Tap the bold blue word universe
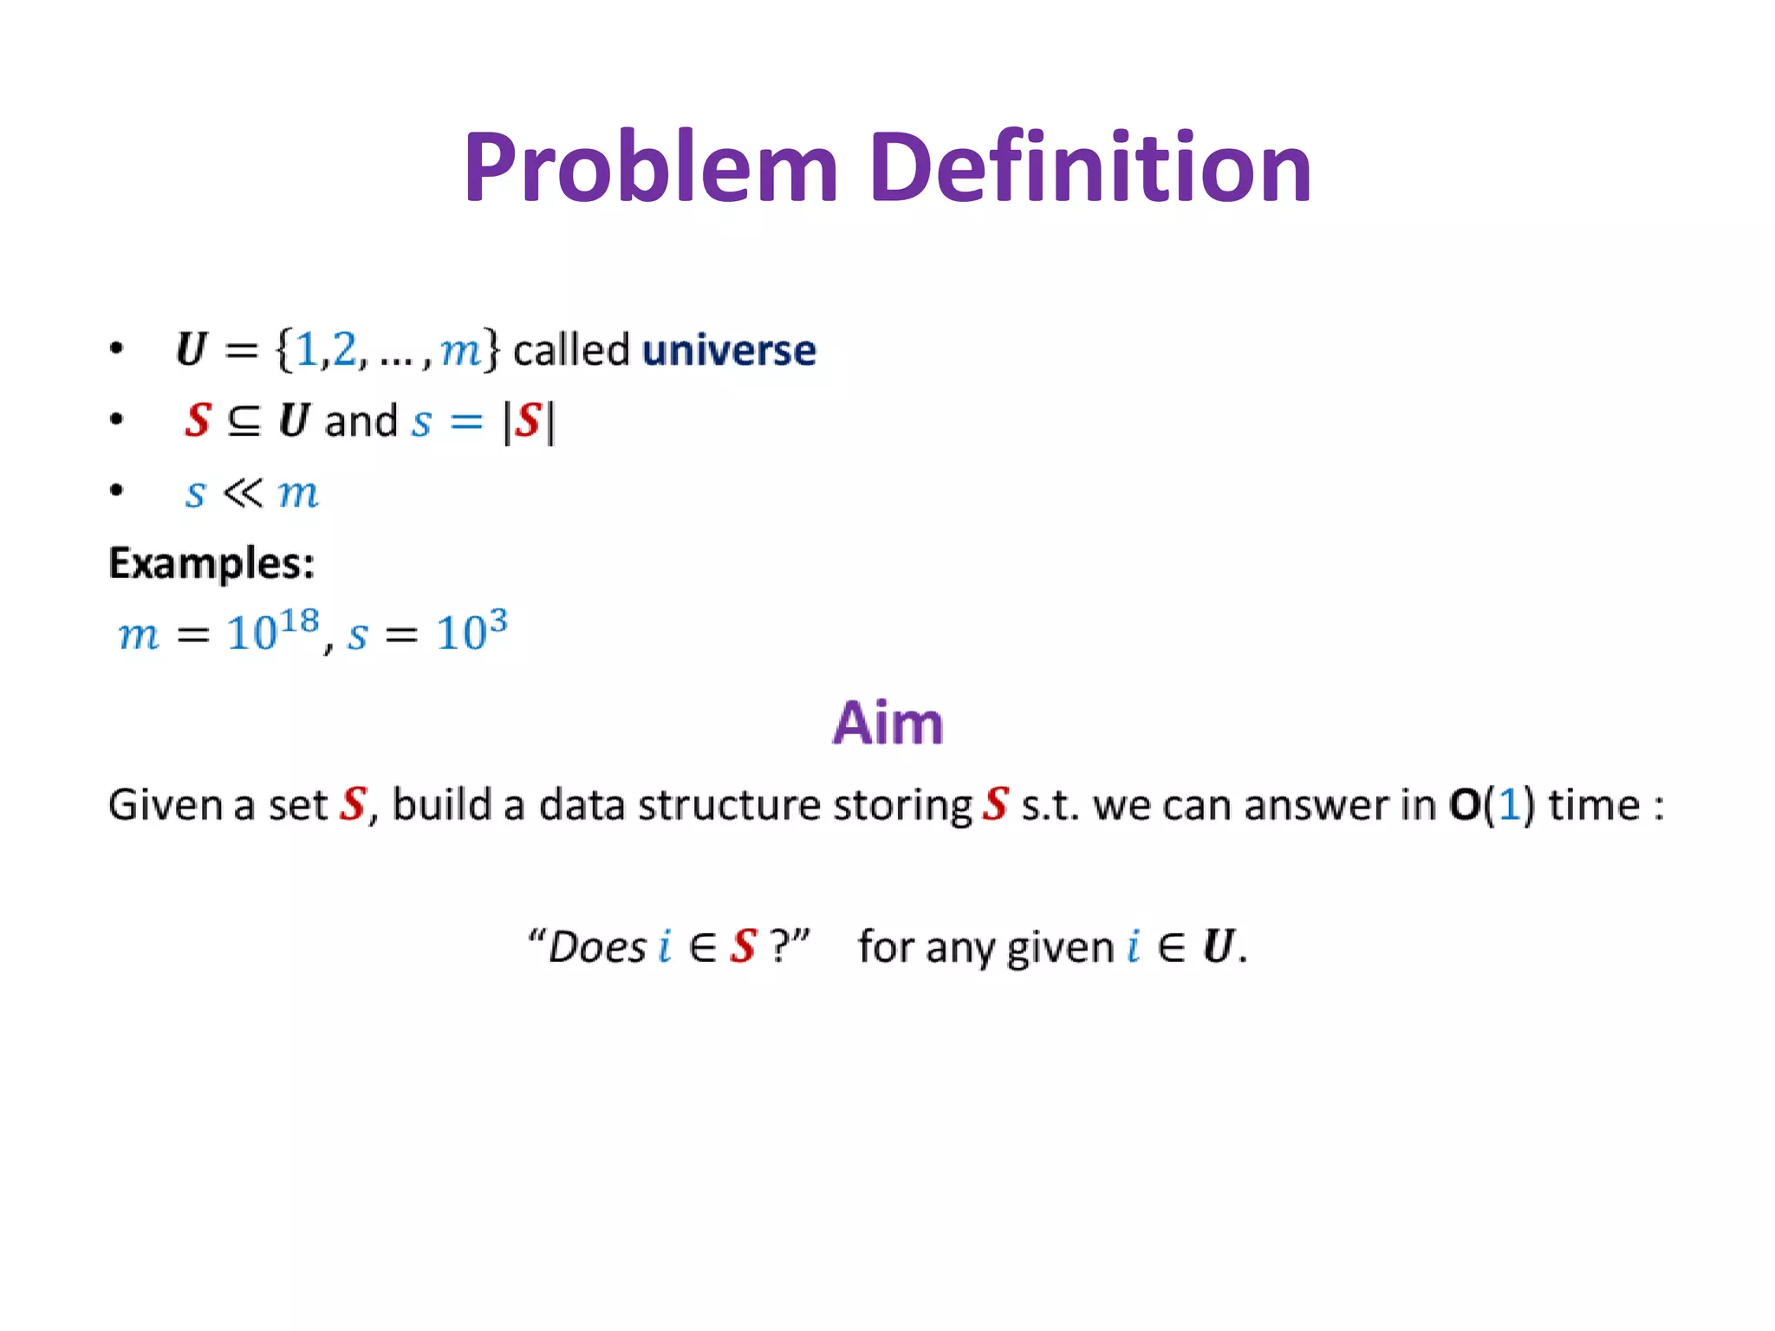click(x=729, y=351)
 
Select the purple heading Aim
click(x=887, y=723)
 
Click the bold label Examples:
click(x=211, y=564)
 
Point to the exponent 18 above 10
click(x=299, y=620)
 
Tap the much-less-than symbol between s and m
click(x=242, y=493)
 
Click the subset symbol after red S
click(x=244, y=422)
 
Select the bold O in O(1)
click(x=1464, y=805)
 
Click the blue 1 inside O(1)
click(x=1509, y=805)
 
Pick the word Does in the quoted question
click(x=598, y=946)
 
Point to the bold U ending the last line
click(x=1217, y=946)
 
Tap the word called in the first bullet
click(x=571, y=351)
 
